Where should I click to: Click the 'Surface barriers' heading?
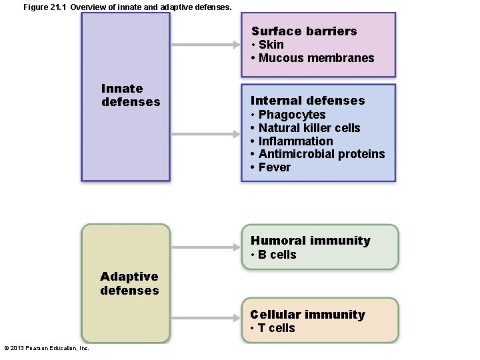(304, 31)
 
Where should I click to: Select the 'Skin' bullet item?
(271, 45)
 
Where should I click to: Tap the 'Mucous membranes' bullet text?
(316, 58)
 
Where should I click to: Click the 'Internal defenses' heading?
(307, 101)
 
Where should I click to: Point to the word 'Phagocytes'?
(292, 115)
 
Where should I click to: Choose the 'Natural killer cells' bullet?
(309, 128)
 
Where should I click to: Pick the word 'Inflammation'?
(295, 141)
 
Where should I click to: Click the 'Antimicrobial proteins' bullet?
(321, 154)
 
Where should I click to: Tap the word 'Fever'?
(274, 167)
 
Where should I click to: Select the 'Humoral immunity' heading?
(310, 241)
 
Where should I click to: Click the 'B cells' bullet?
(277, 255)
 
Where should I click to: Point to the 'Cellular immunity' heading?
(307, 315)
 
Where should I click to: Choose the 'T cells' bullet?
(277, 328)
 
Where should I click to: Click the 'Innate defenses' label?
(131, 95)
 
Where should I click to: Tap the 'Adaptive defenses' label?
(129, 283)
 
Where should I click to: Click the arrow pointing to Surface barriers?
(205, 45)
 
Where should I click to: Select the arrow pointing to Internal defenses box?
(205, 134)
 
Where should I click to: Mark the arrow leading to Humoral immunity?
(205, 247)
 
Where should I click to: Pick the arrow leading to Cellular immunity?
(205, 321)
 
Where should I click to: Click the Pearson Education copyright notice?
(47, 348)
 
